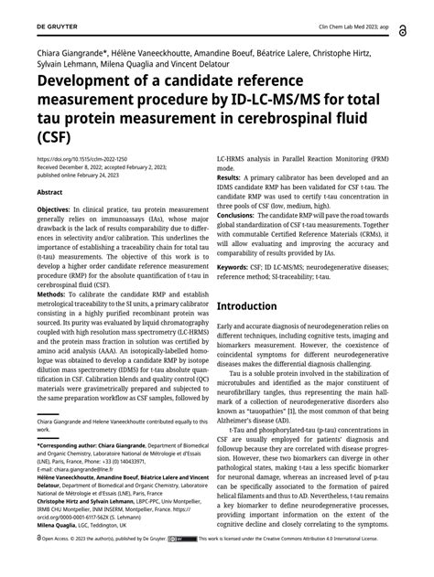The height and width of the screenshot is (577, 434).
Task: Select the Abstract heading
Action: [x=50, y=193]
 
